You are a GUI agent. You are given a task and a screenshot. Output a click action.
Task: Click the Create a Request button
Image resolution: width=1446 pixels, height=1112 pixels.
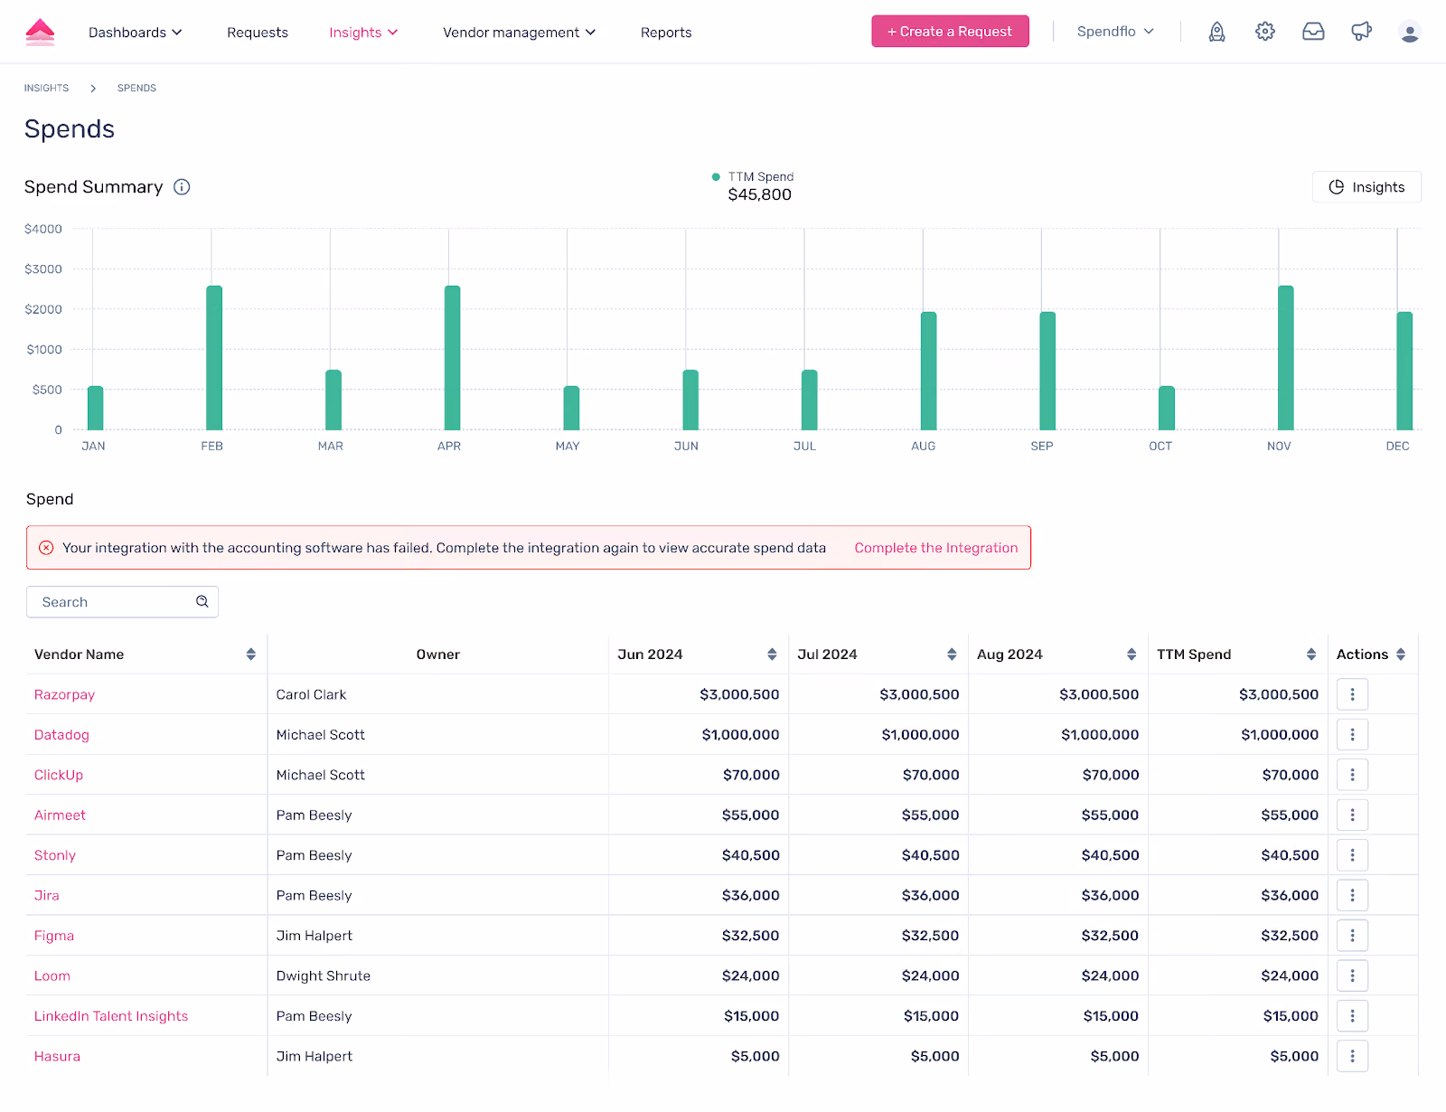coord(950,32)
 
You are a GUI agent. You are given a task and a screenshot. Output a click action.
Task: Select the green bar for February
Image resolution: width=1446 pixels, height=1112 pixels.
coord(214,358)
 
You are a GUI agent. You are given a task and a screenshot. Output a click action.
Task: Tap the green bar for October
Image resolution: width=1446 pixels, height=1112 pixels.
coord(1167,408)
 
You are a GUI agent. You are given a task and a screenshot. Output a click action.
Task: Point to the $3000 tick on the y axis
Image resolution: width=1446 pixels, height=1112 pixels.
coord(43,269)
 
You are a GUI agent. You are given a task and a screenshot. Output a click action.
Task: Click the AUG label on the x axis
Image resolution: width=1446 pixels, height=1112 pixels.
coord(923,446)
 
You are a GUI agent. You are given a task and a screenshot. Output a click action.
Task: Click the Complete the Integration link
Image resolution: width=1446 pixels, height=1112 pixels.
coord(935,548)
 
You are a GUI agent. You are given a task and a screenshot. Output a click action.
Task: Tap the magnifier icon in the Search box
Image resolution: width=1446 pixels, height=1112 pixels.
coord(202,601)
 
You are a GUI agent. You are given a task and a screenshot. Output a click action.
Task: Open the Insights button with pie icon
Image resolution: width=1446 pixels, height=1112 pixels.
coord(1366,187)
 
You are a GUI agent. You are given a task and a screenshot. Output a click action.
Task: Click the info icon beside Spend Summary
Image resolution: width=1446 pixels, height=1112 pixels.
coord(182,187)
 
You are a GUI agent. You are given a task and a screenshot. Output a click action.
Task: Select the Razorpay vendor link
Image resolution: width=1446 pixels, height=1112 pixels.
coord(64,694)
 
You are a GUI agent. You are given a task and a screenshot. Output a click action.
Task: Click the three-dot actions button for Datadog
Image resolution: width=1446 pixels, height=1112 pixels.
coord(1352,734)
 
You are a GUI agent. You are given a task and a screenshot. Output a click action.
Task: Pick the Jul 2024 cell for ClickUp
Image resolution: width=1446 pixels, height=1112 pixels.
coord(930,775)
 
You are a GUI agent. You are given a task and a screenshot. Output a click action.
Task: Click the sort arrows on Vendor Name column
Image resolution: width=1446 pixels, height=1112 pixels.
coord(251,655)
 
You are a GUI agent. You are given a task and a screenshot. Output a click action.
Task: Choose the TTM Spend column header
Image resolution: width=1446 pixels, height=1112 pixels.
coord(1194,655)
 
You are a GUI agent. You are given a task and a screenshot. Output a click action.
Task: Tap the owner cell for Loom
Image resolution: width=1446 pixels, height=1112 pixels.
coord(324,975)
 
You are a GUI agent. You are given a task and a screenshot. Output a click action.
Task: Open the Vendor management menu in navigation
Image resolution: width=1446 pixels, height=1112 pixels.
coord(519,33)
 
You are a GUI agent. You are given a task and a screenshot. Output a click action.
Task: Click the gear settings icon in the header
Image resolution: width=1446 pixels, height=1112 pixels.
coord(1265,32)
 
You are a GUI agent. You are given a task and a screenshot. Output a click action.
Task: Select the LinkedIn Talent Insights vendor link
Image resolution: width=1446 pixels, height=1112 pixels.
coord(111,1015)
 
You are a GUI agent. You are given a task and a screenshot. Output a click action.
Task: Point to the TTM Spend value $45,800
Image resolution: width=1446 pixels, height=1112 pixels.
coord(759,195)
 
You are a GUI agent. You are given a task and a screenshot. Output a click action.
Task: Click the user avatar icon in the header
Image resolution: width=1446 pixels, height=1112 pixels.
coord(1410,32)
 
